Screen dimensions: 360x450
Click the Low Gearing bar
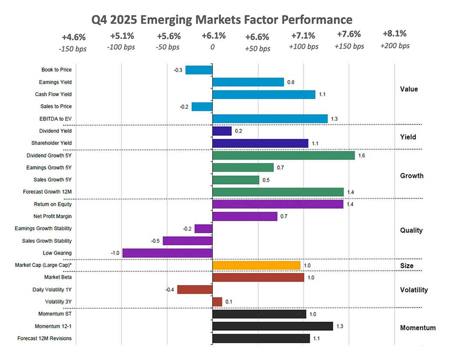point(168,253)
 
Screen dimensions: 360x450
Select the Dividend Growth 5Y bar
point(283,155)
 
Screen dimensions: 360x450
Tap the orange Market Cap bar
point(256,265)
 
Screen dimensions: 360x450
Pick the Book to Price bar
point(199,70)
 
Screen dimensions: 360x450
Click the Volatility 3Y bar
point(217,301)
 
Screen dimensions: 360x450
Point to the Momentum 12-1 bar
point(273,326)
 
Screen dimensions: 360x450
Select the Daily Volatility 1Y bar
point(195,289)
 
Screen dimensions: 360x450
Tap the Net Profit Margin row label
point(53,216)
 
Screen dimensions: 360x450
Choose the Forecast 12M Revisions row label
point(45,338)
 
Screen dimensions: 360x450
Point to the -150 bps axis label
point(72,49)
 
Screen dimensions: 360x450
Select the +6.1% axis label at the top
point(214,36)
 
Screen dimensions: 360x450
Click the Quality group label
point(411,230)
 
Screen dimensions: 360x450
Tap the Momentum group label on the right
point(417,328)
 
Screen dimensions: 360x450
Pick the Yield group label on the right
point(408,137)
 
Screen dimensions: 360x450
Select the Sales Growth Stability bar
point(187,241)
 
